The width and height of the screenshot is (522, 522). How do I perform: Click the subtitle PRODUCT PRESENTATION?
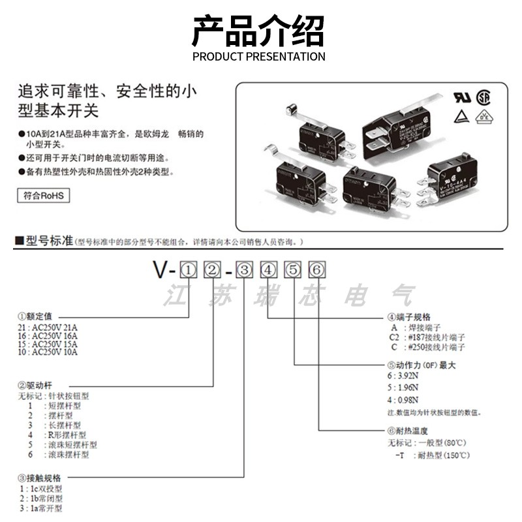[x=258, y=57]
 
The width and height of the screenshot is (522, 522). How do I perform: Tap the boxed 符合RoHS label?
[x=43, y=194]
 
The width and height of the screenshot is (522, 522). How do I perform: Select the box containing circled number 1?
[x=188, y=268]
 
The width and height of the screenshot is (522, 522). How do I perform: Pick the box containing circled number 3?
[x=244, y=268]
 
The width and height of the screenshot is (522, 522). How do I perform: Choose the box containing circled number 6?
[x=316, y=268]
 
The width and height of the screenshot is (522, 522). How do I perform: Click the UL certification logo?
[x=462, y=97]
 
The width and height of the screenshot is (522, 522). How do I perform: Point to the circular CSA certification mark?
[x=484, y=97]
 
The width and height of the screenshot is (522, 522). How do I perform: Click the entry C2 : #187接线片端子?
[x=428, y=337]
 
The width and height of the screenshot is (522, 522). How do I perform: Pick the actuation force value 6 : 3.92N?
[x=403, y=377]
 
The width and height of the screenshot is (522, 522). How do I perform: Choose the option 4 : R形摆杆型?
[x=57, y=435]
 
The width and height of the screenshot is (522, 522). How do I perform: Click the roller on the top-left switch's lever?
[x=289, y=112]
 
